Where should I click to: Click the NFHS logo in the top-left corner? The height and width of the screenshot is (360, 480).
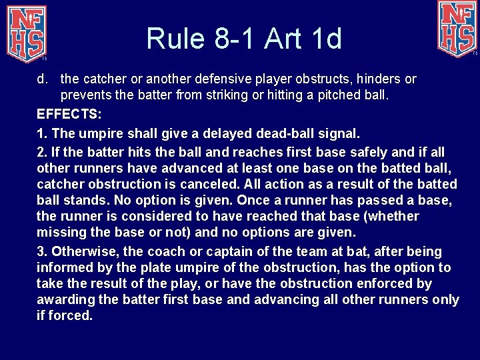click(25, 31)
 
